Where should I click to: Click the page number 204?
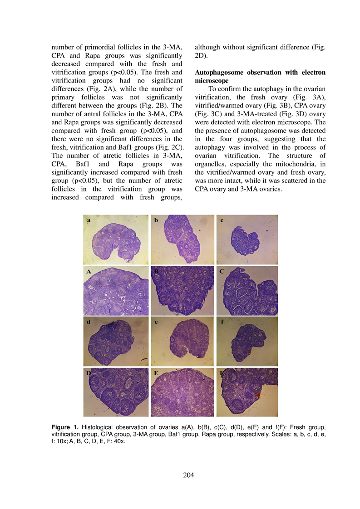click(x=188, y=475)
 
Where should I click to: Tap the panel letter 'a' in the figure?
click(x=89, y=220)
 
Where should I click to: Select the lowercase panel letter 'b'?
click(x=156, y=220)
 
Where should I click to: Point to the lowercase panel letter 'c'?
click(x=222, y=220)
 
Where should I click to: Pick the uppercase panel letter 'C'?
click(x=222, y=272)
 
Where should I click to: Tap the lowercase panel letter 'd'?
click(x=89, y=323)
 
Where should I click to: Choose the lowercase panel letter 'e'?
click(x=156, y=323)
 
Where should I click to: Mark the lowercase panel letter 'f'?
click(x=222, y=323)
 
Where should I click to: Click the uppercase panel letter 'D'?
click(x=89, y=373)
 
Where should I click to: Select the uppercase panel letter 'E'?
click(x=156, y=373)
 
